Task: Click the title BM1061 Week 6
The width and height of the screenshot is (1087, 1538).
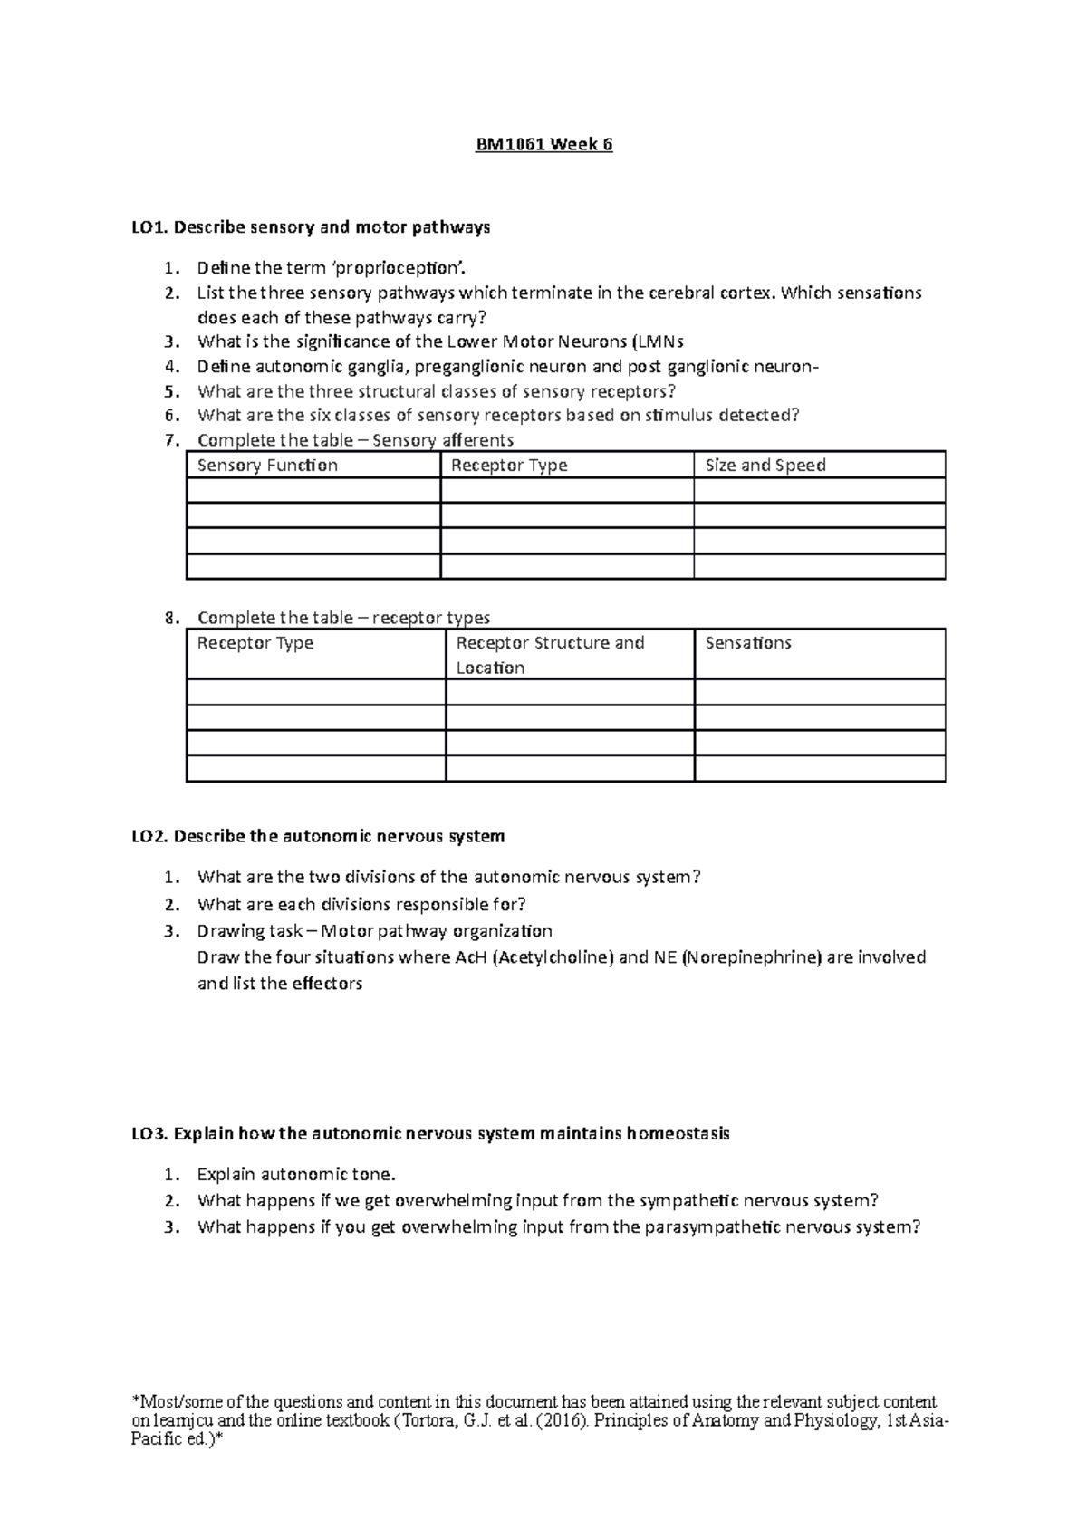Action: click(544, 145)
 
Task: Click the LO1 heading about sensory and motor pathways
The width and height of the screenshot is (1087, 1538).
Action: click(311, 227)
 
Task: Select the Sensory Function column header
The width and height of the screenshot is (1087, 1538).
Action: click(267, 466)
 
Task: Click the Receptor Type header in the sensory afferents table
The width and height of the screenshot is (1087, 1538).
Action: click(509, 466)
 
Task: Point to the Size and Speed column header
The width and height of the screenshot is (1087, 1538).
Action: click(765, 466)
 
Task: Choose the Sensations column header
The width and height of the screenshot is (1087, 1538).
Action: click(748, 643)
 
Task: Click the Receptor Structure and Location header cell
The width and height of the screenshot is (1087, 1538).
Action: click(550, 655)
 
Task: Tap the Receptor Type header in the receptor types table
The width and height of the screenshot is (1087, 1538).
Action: click(255, 643)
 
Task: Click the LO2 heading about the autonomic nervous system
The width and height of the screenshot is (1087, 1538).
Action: click(318, 836)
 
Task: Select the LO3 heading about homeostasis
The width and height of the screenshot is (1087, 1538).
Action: click(430, 1134)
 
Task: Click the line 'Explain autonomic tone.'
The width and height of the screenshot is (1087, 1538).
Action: click(296, 1175)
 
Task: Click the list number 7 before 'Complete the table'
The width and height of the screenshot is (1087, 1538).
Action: click(169, 440)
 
